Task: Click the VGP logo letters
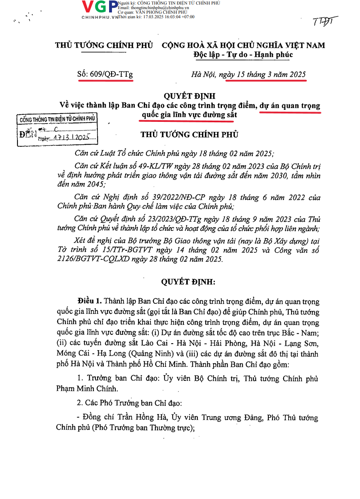click(x=100, y=7)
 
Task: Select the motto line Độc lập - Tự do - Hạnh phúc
click(x=243, y=54)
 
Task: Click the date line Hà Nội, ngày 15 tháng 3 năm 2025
click(x=248, y=75)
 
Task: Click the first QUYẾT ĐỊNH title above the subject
click(x=190, y=96)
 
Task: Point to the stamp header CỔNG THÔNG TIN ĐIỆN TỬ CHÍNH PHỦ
click(x=58, y=119)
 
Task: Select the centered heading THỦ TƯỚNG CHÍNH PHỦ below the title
click(x=190, y=134)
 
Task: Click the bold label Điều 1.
click(x=90, y=300)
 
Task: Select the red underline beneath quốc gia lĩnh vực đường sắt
click(x=187, y=121)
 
